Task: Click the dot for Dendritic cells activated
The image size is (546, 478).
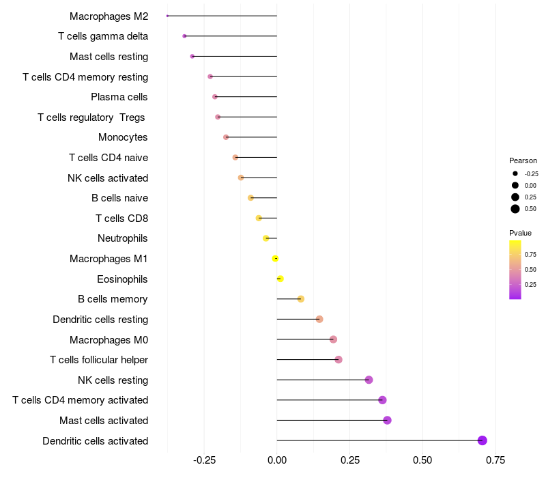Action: [x=483, y=440]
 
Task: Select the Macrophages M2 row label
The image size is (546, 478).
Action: [x=109, y=16]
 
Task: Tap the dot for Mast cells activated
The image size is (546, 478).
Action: [x=388, y=420]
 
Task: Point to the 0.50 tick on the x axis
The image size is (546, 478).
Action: [x=422, y=460]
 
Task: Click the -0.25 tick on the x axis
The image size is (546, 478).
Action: [x=204, y=460]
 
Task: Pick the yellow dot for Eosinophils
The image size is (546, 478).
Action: [x=280, y=279]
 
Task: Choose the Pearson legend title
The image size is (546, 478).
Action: [x=523, y=160]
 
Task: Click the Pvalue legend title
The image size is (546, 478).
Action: [x=520, y=233]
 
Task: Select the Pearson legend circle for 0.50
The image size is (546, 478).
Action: [x=515, y=209]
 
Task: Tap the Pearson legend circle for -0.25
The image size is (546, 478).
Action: [x=515, y=173]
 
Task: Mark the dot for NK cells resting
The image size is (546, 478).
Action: [x=369, y=380]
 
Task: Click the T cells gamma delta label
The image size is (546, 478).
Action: [x=103, y=36]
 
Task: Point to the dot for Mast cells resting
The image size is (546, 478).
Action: [x=192, y=57]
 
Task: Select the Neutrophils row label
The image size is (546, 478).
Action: [x=123, y=238]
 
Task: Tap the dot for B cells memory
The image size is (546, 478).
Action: [x=301, y=299]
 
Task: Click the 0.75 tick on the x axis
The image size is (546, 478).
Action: [x=495, y=460]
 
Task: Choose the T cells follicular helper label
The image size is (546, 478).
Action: [x=99, y=359]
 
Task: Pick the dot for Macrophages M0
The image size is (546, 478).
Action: [x=333, y=339]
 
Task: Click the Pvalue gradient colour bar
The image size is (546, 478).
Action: [x=515, y=269]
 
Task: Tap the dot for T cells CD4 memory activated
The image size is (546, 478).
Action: [x=382, y=400]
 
